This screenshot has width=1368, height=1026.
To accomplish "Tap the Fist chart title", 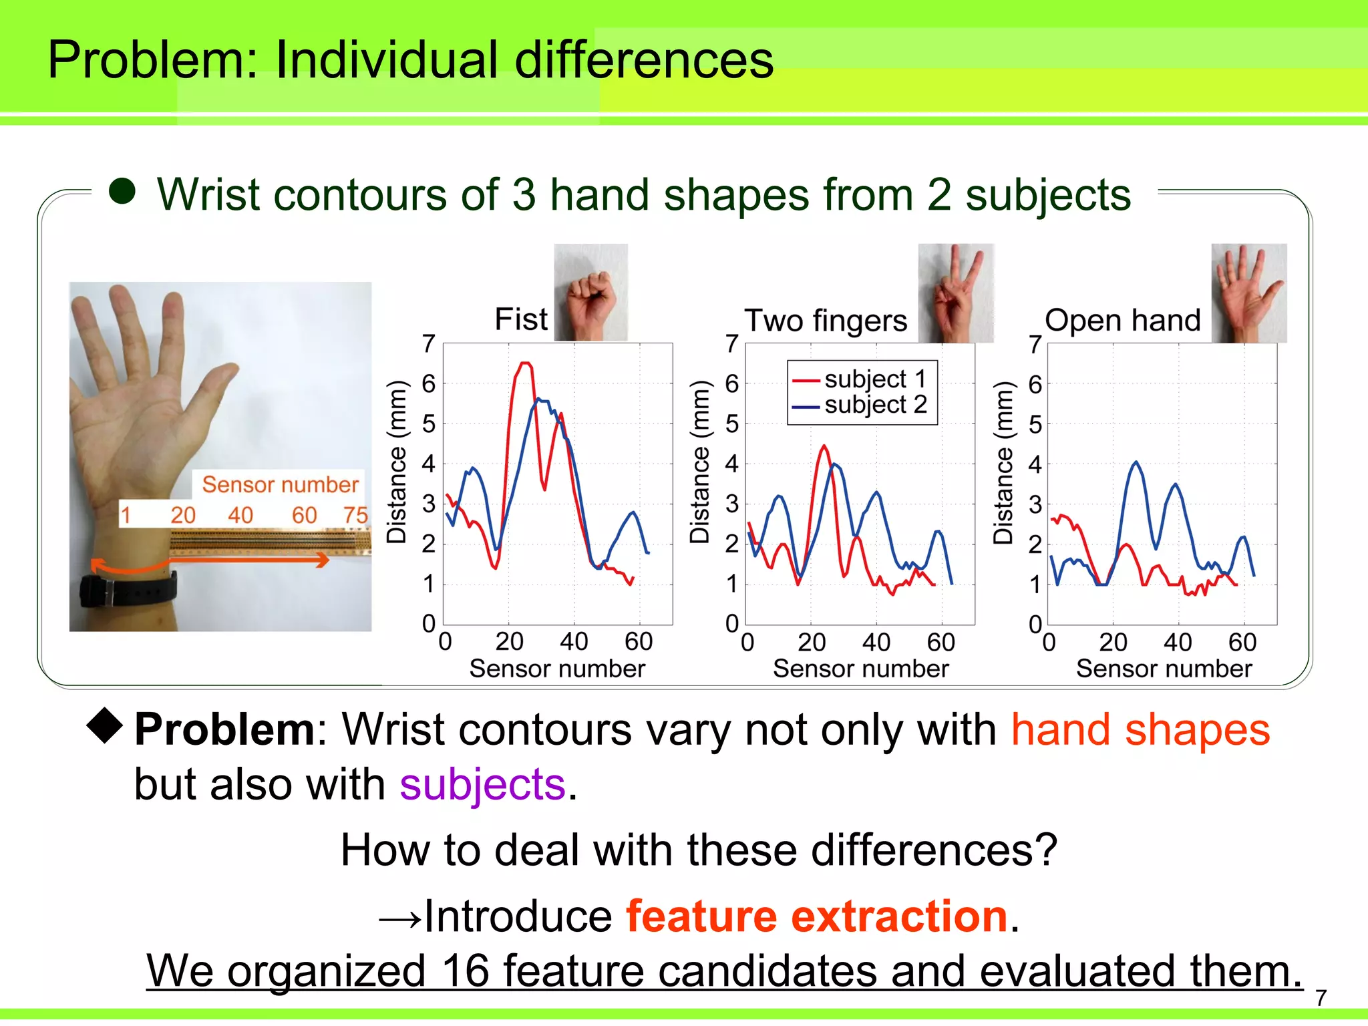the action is (521, 319).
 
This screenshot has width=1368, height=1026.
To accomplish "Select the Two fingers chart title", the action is (826, 321).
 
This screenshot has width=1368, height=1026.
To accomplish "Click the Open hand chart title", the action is (1123, 321).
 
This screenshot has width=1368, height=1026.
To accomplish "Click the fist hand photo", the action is (591, 293).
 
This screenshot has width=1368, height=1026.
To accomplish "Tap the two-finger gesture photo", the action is (956, 293).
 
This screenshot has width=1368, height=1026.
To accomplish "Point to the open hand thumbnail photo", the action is (1249, 293).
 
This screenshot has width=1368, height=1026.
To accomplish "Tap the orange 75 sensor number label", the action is (355, 515).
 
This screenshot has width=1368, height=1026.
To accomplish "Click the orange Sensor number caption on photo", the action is (280, 484).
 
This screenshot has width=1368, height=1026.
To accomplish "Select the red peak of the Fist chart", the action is (525, 364).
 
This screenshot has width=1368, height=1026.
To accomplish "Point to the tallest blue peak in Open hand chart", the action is (1136, 462).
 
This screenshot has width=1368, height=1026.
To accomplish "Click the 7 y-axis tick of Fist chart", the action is (429, 344).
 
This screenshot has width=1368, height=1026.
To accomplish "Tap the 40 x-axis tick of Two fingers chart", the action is (876, 643).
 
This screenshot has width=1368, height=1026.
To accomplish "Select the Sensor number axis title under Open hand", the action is (1164, 669).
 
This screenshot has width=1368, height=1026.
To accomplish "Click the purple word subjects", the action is (482, 784).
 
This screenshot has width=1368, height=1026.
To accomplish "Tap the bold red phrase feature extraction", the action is (816, 916).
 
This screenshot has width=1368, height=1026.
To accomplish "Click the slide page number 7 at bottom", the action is (1321, 998).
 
